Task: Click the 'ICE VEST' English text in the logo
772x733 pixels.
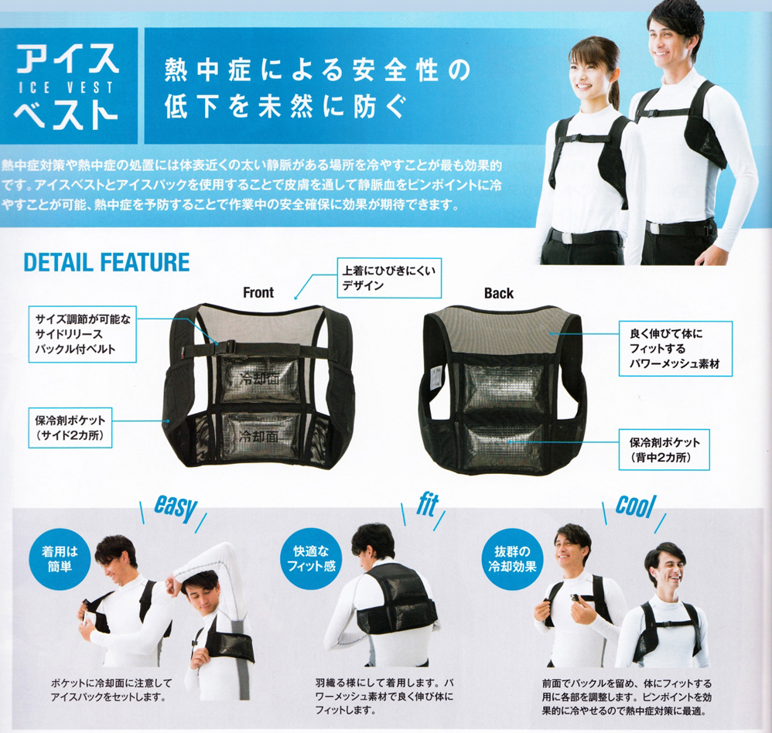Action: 66,87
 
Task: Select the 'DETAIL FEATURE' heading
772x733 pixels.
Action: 106,262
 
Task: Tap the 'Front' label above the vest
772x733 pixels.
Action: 258,292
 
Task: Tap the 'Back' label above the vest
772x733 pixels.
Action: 498,293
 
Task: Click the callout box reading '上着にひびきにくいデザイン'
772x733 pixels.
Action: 389,278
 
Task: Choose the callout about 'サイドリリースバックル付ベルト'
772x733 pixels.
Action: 82,334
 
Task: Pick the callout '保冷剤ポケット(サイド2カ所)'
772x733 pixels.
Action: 70,428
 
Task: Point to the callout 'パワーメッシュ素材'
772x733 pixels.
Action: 675,349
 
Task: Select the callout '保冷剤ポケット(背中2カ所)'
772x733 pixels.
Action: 664,449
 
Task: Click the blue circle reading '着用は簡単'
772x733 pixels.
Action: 60,559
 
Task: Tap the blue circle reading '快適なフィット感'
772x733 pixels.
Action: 311,559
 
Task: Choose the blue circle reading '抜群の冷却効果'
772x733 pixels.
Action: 512,559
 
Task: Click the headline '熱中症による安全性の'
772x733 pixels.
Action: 318,70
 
